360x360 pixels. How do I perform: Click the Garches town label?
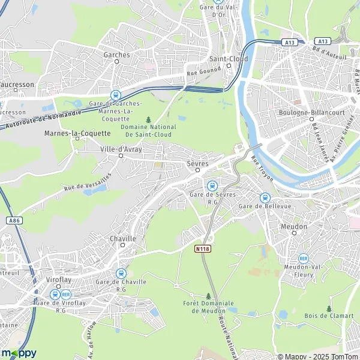pos(116,55)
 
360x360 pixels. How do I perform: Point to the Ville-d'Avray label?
pos(121,149)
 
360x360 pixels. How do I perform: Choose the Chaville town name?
pos(123,238)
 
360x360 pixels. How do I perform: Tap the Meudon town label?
pos(294,227)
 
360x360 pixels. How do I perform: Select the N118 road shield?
pos(203,248)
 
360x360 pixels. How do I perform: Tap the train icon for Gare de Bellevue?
pos(265,197)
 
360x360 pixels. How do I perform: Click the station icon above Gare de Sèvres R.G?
pos(212,185)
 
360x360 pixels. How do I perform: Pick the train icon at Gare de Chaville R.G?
pos(121,272)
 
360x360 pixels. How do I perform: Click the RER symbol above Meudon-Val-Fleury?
pos(303,258)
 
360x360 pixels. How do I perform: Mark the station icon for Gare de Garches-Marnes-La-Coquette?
pos(115,95)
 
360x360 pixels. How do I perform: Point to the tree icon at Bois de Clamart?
pos(328,308)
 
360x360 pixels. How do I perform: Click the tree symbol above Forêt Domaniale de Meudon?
pos(208,296)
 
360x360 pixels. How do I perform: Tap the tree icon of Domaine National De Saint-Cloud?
pos(148,119)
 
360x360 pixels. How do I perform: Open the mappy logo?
pos(19,352)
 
